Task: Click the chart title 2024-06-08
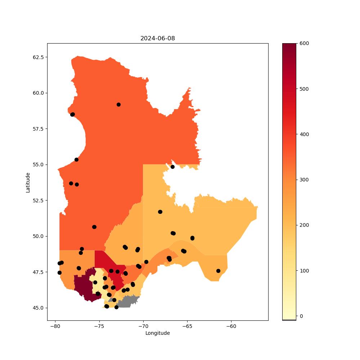(x=158, y=39)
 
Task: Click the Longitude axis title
(x=158, y=333)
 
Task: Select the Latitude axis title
(x=28, y=183)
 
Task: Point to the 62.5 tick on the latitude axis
(x=38, y=57)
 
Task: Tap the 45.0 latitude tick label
(x=38, y=308)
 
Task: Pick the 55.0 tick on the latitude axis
(x=38, y=165)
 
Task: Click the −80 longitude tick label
(x=55, y=327)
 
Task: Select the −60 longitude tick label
(x=231, y=327)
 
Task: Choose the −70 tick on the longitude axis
(x=143, y=327)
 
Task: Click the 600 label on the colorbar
(x=304, y=44)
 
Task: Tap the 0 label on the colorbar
(x=301, y=316)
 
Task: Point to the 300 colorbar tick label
(x=304, y=180)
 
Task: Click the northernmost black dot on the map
(x=118, y=105)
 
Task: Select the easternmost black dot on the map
(x=219, y=271)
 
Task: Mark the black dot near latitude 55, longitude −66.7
(x=172, y=167)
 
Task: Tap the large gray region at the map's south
(x=128, y=302)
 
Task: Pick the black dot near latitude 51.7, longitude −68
(x=160, y=212)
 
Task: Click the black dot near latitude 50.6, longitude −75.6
(x=94, y=227)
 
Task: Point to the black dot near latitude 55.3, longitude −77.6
(x=76, y=160)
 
